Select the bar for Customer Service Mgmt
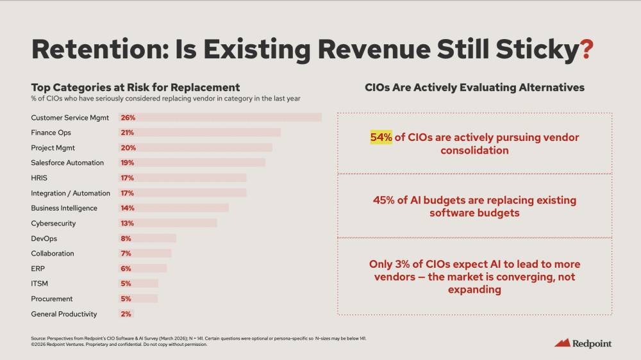[220, 117]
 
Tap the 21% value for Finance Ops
[127, 133]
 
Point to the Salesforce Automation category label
[67, 163]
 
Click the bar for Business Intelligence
[173, 208]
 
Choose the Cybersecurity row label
[53, 224]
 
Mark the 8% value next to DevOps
[126, 238]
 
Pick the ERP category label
[38, 268]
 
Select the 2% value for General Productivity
[126, 314]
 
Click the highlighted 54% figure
[381, 138]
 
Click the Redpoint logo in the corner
[583, 343]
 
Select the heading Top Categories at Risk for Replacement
[135, 87]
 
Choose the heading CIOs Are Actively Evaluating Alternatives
[474, 87]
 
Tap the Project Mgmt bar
[195, 147]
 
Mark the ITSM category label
[40, 284]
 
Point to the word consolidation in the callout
[474, 151]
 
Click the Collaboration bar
[145, 254]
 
